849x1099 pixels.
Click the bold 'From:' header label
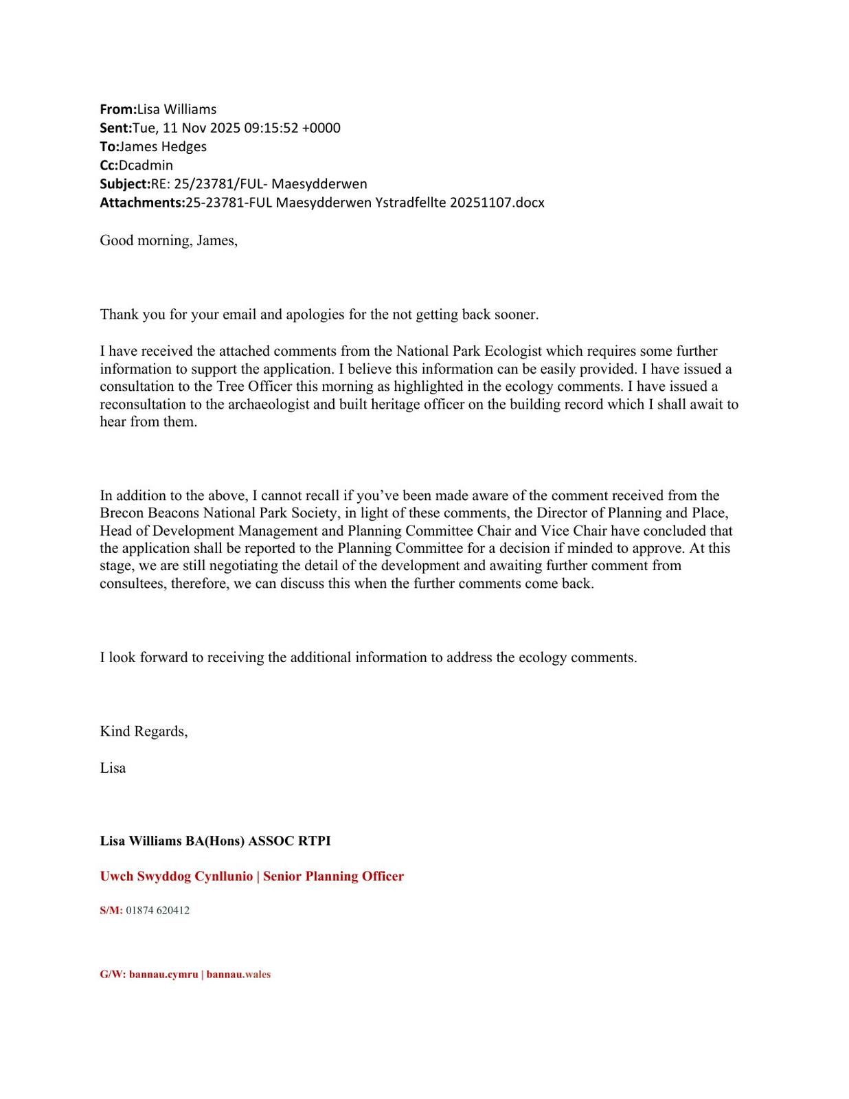118,109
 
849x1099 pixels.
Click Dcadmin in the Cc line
146,165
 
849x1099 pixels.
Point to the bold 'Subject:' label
124,183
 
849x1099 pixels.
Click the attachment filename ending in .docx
364,203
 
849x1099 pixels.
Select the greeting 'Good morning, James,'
168,240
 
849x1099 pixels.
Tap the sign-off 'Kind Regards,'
144,731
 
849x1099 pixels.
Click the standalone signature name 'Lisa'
113,768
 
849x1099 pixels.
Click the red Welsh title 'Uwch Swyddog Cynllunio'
176,876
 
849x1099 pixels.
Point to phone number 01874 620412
157,911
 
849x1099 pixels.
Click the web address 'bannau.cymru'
163,975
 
